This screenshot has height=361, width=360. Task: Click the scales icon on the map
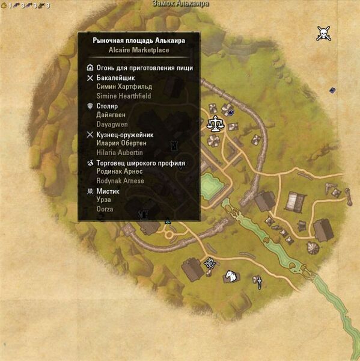[213, 125]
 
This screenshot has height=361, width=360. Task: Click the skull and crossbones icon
[325, 33]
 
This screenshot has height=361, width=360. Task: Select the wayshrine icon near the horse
[210, 262]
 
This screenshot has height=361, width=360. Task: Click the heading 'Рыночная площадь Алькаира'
[139, 40]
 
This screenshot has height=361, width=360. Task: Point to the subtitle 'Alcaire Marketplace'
[139, 51]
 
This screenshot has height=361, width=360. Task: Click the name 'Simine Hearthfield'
[124, 96]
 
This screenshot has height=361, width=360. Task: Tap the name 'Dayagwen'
[112, 125]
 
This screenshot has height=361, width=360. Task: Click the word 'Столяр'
[106, 106]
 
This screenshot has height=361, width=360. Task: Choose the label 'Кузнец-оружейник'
[124, 135]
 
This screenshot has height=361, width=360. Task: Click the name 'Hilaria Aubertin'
[121, 153]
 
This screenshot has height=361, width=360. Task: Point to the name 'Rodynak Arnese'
[120, 181]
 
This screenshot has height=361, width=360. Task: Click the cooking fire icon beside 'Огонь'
[90, 68]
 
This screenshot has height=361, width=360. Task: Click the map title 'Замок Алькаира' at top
[180, 4]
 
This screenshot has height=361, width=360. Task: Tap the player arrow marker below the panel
[168, 221]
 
